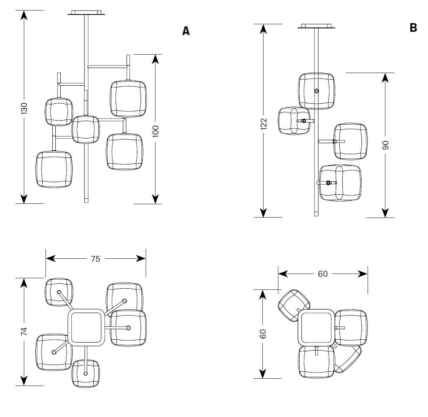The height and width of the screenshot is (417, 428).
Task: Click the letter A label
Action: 186,31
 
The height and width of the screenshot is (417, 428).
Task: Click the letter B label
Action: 413,27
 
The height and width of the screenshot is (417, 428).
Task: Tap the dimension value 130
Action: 24,108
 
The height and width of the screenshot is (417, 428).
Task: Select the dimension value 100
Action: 155,131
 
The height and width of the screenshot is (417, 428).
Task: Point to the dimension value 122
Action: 264,124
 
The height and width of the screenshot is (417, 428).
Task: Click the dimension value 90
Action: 385,146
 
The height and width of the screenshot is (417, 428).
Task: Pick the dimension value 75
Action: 95,259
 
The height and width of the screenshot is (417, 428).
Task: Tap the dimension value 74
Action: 24,331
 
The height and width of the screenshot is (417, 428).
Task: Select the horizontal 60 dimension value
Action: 323,274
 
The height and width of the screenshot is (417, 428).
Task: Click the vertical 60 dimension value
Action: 262,334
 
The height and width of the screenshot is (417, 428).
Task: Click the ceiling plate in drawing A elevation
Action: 86,13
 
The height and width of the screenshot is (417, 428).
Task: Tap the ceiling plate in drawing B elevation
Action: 316,26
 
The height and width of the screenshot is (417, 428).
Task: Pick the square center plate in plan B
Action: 317,327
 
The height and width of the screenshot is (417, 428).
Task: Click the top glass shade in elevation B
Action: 317,91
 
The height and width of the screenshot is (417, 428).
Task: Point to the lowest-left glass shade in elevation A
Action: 54,169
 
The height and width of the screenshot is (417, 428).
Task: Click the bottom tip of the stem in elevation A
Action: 86,202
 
